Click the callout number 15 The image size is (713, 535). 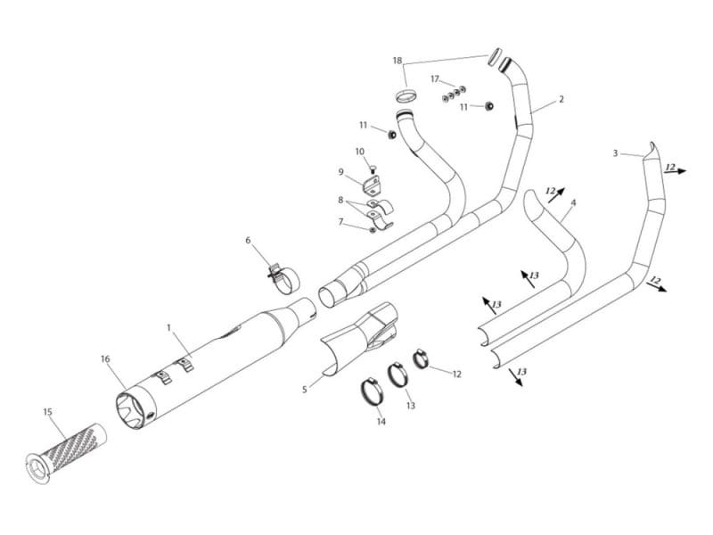point(47,412)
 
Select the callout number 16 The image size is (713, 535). point(105,358)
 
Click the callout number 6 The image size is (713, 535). point(249,241)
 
